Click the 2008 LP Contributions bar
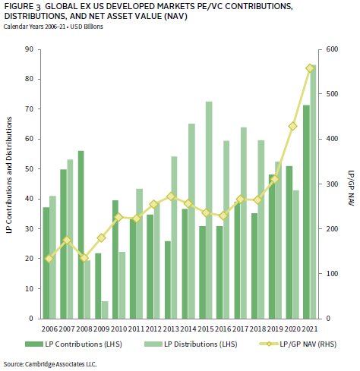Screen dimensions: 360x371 click(81, 234)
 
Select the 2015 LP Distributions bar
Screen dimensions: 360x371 click(209, 210)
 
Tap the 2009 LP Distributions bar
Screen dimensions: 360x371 click(105, 310)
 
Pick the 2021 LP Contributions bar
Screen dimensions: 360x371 click(306, 212)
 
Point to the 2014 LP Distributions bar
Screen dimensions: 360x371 click(191, 222)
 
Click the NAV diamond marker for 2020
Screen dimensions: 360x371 click(292, 126)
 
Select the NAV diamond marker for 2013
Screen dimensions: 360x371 click(171, 197)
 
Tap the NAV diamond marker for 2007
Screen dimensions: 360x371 click(67, 241)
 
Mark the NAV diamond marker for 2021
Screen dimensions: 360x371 click(310, 68)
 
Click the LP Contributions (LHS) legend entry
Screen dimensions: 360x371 click(74, 344)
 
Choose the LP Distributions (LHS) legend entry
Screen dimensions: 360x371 click(191, 344)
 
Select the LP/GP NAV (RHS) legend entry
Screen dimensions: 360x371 click(298, 344)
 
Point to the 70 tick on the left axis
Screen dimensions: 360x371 click(30, 109)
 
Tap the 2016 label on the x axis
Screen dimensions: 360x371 click(223, 329)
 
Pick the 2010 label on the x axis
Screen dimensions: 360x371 click(118, 329)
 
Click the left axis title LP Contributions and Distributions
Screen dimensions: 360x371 click(9, 174)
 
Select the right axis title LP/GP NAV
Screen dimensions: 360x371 click(351, 188)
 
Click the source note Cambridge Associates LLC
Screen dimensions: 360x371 click(50, 364)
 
